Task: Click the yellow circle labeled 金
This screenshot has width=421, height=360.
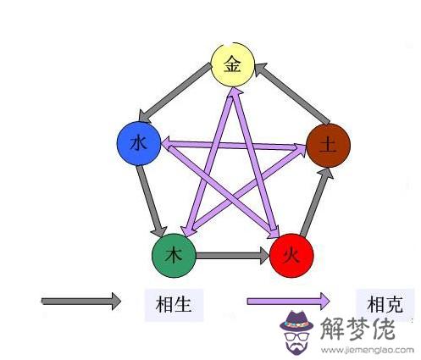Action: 233,64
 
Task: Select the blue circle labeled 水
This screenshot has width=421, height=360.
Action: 139,143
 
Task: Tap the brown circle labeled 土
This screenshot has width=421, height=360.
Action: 329,146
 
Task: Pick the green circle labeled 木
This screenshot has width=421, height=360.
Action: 174,256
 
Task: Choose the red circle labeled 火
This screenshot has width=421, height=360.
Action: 291,256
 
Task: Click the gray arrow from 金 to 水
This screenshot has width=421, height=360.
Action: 175,92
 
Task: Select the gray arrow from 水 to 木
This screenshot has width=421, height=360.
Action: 151,202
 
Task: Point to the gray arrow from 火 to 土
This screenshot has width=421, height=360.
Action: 317,202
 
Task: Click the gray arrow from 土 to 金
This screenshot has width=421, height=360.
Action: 292,93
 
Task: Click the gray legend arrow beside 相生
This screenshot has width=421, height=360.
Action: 81,302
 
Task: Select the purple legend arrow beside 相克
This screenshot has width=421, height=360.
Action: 288,301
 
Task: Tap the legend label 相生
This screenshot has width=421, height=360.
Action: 174,305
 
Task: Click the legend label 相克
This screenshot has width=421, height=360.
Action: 385,304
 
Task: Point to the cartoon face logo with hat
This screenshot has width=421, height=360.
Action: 296,333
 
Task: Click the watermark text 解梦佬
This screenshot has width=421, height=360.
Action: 357,329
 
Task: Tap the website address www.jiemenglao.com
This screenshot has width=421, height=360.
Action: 368,351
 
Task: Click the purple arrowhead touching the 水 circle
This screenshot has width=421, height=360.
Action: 168,143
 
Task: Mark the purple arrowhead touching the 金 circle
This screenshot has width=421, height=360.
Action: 235,92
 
